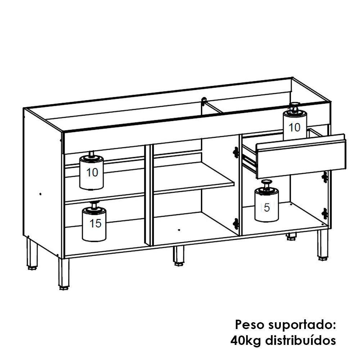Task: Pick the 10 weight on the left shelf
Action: coord(91,172)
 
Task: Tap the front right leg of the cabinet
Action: coord(323,245)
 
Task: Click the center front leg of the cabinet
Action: coord(178,255)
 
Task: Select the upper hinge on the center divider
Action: coord(236,153)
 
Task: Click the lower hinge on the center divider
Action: coord(236,224)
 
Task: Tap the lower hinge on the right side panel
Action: coord(325,213)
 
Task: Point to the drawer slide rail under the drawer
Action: coord(249,161)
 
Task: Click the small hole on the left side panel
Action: coord(40,194)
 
